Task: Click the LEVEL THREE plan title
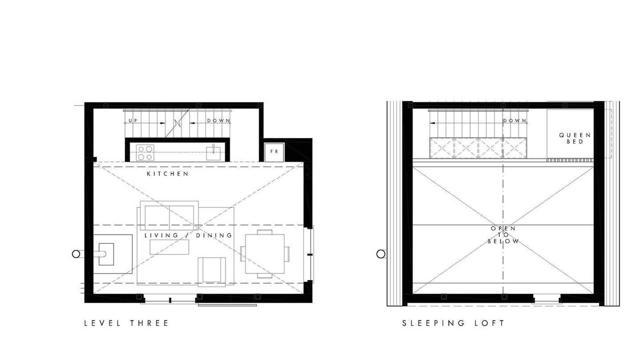[x=126, y=323]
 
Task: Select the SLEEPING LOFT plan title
[x=453, y=323]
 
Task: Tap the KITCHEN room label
[x=167, y=173]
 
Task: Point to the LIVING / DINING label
[x=188, y=235]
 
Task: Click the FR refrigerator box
[x=274, y=152]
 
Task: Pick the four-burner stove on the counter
[x=145, y=153]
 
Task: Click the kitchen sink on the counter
[x=213, y=153]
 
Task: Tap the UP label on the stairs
[x=133, y=120]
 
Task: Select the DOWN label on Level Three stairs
[x=218, y=120]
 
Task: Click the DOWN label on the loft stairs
[x=514, y=120]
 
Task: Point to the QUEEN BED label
[x=575, y=138]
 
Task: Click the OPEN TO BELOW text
[x=503, y=235]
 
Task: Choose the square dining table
[x=265, y=254]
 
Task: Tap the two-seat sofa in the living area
[x=169, y=215]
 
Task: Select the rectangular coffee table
[x=169, y=247]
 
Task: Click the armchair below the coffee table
[x=211, y=271]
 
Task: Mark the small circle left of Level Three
[x=75, y=254]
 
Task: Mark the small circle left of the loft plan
[x=381, y=254]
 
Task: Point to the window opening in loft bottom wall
[x=546, y=298]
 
